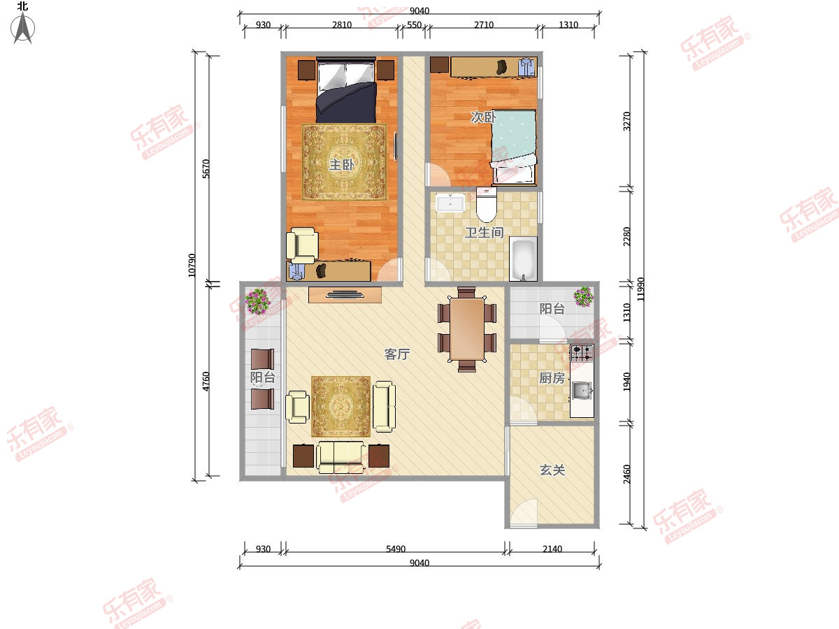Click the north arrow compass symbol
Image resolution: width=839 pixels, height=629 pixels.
22,28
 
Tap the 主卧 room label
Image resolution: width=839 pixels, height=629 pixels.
341,165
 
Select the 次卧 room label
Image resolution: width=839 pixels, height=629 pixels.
483,117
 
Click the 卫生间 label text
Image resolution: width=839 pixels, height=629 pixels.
485,232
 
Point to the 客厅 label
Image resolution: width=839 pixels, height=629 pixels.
396,354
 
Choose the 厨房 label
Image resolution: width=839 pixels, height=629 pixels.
552,378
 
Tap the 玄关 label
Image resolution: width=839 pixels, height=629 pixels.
552,470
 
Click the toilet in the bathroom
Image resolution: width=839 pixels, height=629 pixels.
486,205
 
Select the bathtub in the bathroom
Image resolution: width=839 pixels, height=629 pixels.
523,259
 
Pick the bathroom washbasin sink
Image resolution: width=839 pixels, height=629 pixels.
450,203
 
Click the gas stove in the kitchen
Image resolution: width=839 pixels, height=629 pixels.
582,353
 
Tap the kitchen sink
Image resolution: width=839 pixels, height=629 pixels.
582,390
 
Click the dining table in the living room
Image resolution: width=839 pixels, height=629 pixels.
467,329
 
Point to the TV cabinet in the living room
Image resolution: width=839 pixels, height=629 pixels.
345,295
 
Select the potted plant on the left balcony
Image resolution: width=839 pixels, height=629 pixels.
258,301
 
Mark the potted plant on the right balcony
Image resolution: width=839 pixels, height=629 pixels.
584,297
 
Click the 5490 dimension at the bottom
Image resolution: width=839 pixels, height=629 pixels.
396,549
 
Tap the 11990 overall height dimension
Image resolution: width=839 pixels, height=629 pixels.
640,289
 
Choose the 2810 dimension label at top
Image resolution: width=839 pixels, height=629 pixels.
342,25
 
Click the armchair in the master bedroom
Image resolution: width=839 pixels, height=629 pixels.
302,245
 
